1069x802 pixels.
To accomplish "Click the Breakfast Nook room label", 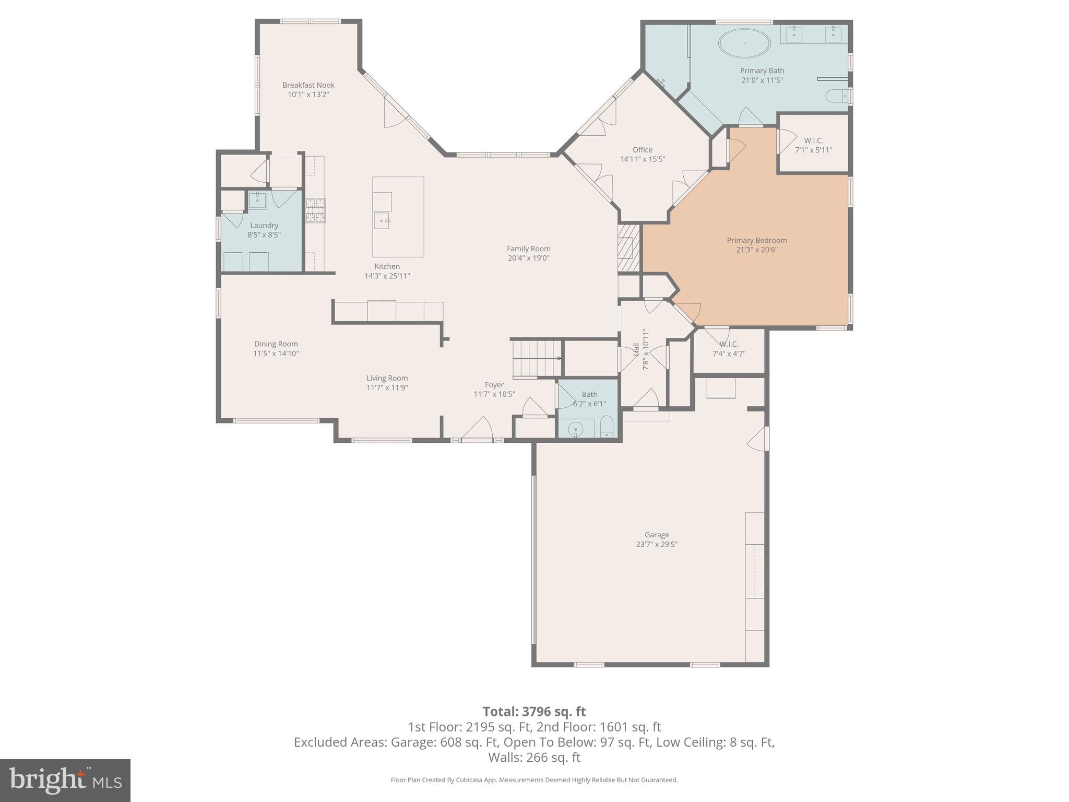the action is point(308,85).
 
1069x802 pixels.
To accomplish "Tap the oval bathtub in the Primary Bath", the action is point(744,43).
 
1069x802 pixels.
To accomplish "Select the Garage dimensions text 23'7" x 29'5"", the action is point(657,544).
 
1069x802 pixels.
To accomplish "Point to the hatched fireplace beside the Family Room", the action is point(629,248).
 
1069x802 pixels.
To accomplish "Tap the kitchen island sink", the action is point(382,220).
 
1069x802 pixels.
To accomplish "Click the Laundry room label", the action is point(264,226).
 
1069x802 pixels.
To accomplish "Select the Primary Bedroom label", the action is point(757,241).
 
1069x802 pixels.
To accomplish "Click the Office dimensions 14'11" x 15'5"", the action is point(643,159).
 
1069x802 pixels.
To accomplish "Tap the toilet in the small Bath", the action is point(607,426).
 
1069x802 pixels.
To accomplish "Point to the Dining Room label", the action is point(276,344).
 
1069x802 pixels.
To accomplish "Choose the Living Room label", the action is point(387,379).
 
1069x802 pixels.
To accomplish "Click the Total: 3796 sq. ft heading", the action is point(534,712).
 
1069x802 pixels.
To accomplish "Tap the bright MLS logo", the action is point(65,780).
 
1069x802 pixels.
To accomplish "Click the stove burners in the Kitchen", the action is point(315,210).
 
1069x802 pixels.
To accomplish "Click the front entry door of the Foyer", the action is point(477,428).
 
